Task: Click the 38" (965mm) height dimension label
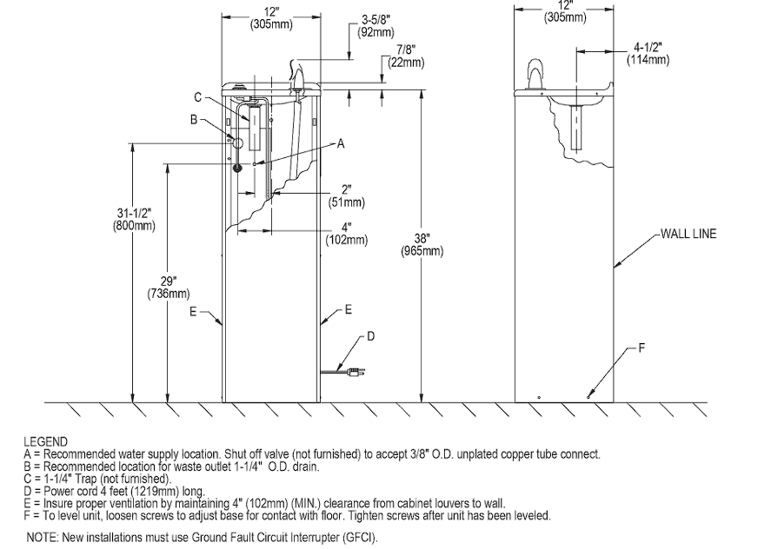click(422, 245)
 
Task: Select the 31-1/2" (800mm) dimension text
click(134, 219)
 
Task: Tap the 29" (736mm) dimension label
click(168, 288)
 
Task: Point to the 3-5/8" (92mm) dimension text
click(376, 26)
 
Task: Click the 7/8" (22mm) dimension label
click(406, 56)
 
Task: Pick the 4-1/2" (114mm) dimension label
click(648, 53)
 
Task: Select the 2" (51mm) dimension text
click(347, 196)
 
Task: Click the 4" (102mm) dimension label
click(347, 234)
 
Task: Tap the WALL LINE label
click(688, 234)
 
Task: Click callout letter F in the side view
click(641, 348)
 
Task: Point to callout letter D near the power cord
click(371, 336)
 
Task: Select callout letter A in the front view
click(340, 144)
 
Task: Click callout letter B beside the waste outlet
click(194, 119)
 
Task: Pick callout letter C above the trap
click(197, 97)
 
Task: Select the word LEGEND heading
click(46, 441)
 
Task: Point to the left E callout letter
click(193, 312)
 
